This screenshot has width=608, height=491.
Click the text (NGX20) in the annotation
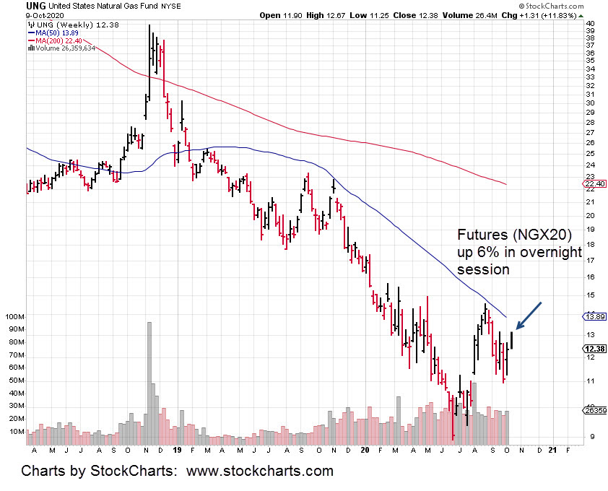[533, 235]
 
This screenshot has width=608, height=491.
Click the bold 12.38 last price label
[594, 349]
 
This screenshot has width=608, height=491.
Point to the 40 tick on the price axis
[589, 23]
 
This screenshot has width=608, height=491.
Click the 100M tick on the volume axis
[14, 317]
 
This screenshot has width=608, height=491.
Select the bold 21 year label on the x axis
[553, 450]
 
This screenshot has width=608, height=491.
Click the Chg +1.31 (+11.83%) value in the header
[559, 14]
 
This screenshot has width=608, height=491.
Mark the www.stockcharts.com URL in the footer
[260, 472]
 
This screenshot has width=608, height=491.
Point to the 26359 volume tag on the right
[594, 411]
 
